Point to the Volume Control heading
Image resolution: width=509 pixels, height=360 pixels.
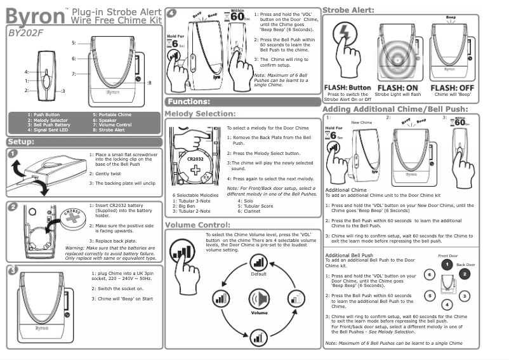click(197, 225)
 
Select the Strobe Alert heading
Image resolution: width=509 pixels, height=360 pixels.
click(348, 10)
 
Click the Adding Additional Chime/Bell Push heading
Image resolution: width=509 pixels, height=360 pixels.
click(395, 109)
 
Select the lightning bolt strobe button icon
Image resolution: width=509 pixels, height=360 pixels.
click(345, 34)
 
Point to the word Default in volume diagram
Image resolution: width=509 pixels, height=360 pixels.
click(258, 274)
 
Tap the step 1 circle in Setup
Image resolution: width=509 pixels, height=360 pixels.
click(13, 152)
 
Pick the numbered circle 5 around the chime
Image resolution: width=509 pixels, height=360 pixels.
click(430, 295)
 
